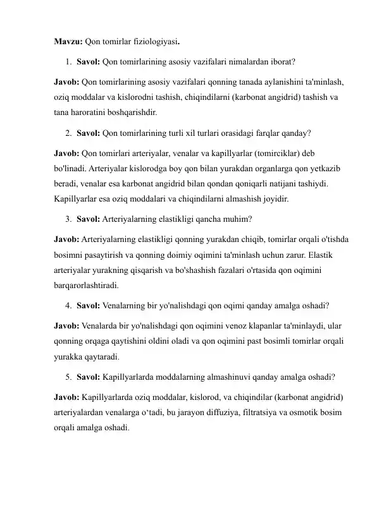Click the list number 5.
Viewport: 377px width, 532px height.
pyautogui.click(x=68, y=378)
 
